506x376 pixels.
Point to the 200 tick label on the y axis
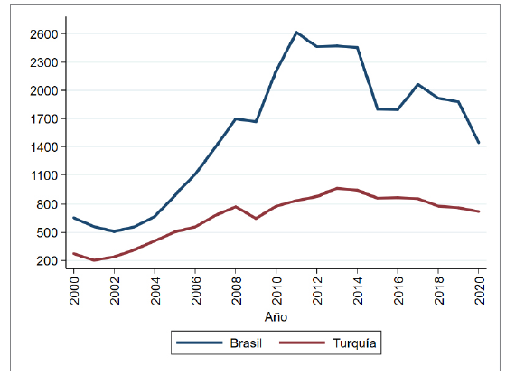[x=48, y=261]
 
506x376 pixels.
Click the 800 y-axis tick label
[x=48, y=204]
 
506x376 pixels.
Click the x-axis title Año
[x=276, y=317]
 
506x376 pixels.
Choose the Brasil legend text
[x=247, y=344]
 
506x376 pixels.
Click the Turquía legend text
[x=354, y=344]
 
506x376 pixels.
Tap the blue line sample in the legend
[x=198, y=344]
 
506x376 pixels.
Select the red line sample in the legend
[x=303, y=344]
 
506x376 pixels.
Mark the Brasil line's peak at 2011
[x=296, y=32]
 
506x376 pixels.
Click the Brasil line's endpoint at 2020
[x=479, y=143]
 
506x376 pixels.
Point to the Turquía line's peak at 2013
[x=337, y=188]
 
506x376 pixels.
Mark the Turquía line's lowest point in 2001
[x=94, y=260]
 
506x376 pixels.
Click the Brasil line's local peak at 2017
[x=417, y=84]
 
